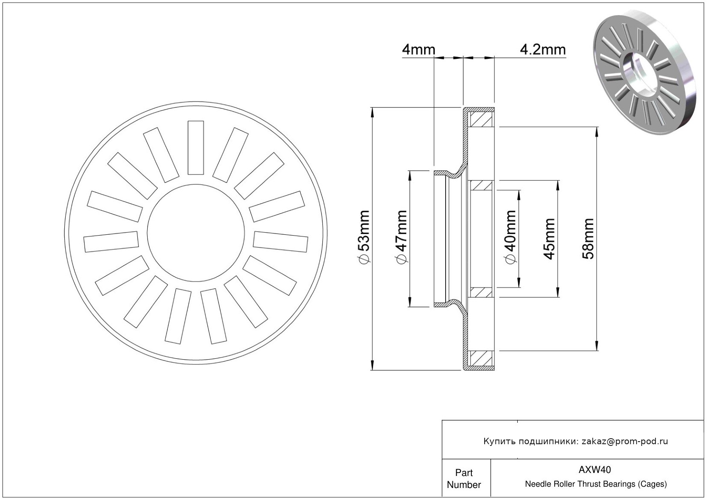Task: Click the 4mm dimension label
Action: (x=418, y=50)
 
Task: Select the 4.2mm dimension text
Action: (x=543, y=50)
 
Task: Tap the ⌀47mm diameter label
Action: (x=401, y=237)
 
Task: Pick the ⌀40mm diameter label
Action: (x=510, y=237)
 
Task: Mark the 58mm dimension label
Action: (x=588, y=239)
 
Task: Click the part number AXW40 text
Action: (x=595, y=470)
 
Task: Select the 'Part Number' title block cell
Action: (x=464, y=479)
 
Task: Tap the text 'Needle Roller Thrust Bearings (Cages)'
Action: (x=596, y=484)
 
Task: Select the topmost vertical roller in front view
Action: (x=196, y=148)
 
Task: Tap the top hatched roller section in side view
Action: (x=481, y=119)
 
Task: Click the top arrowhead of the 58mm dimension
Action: (x=597, y=132)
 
